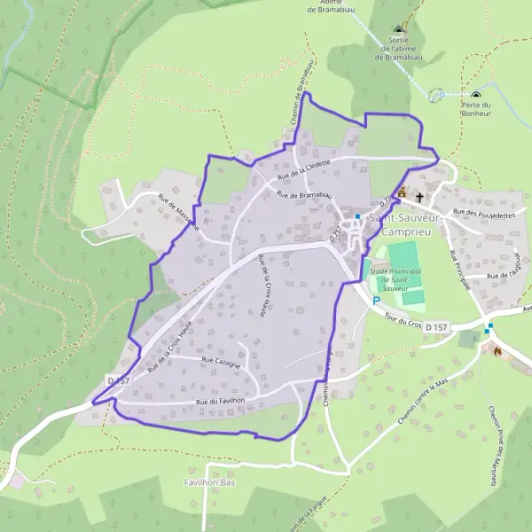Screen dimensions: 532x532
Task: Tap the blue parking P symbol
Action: pyautogui.click(x=376, y=301)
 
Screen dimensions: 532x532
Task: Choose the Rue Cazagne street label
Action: pyautogui.click(x=220, y=361)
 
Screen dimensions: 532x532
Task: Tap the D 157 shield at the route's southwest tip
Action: pyautogui.click(x=118, y=380)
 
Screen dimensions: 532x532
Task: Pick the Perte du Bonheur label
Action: pyautogui.click(x=476, y=109)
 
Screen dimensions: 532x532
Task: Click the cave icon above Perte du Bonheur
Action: pyautogui.click(x=476, y=95)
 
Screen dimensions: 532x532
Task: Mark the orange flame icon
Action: pyautogui.click(x=497, y=351)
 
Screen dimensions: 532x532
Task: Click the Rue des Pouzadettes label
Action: pyautogui.click(x=484, y=214)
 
